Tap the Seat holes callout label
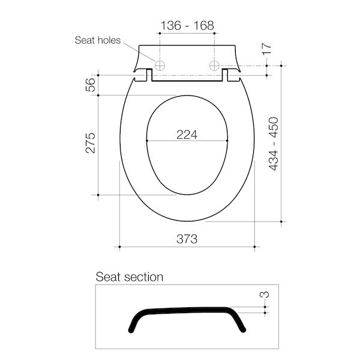click(97, 41)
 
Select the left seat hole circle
click(160, 65)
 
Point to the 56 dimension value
click(91, 85)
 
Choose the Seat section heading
click(130, 277)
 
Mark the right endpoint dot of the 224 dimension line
click(229, 142)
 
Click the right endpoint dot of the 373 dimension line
click(256, 247)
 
